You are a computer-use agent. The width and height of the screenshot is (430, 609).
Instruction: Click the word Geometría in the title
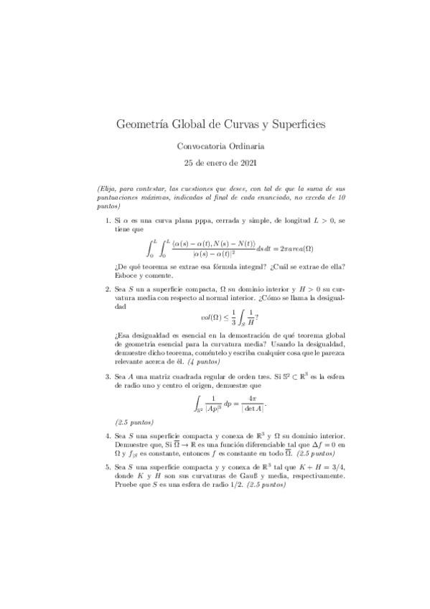pyautogui.click(x=141, y=125)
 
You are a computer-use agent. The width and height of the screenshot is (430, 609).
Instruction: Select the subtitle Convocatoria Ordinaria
pyautogui.click(x=215, y=147)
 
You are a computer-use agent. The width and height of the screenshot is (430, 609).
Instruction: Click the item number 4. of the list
pyautogui.click(x=108, y=436)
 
